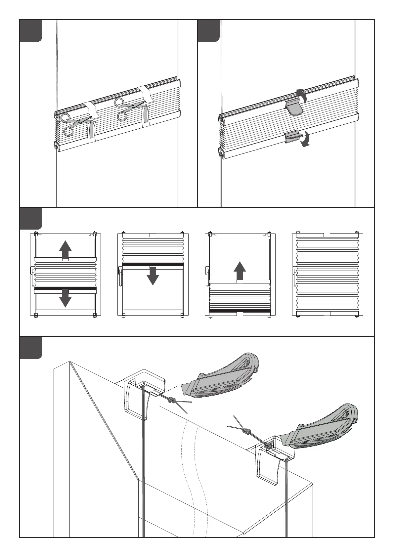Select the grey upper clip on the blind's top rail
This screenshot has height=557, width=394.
pos(294,107)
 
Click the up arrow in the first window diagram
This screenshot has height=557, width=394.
pos(65,249)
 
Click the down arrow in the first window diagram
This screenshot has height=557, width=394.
pos(65,298)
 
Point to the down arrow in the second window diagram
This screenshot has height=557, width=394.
pos(153,275)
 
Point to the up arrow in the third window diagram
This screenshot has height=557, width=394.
pos(240,271)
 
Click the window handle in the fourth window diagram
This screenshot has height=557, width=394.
pos(294,276)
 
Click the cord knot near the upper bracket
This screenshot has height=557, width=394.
pos(171,401)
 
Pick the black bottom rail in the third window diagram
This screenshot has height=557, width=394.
pos(240,311)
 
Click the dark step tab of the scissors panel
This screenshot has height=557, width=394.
pos(30,30)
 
